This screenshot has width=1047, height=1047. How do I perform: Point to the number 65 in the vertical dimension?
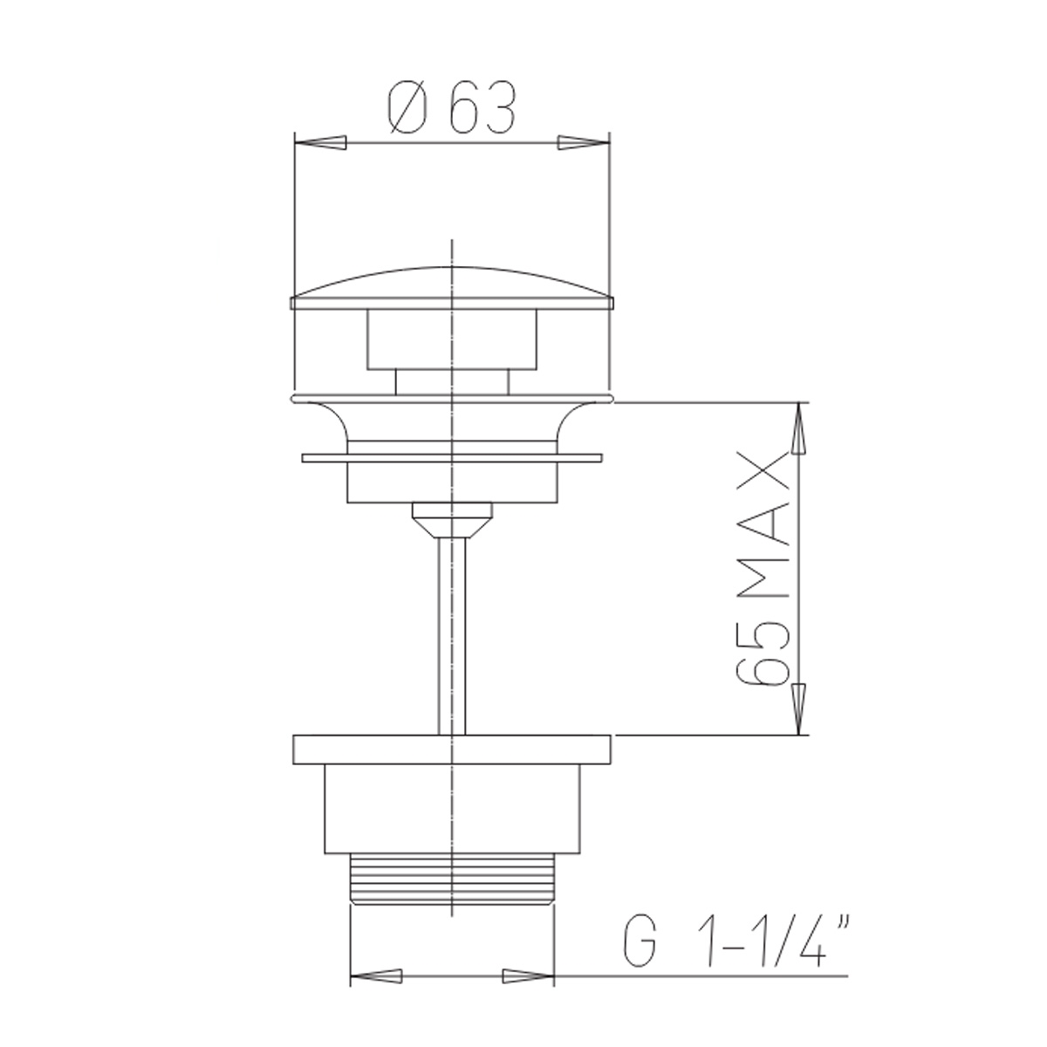click(x=766, y=655)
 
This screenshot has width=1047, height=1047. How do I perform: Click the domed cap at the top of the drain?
click(x=451, y=284)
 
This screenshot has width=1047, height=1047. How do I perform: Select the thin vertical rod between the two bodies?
click(x=452, y=637)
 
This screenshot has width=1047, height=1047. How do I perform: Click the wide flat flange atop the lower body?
click(x=451, y=749)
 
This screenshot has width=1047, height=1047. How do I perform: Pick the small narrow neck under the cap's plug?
click(x=451, y=380)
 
